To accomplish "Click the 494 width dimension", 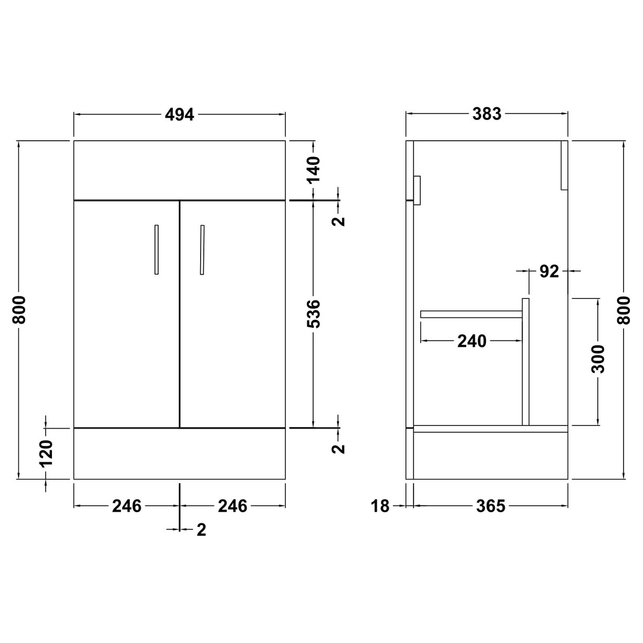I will tap(180, 114).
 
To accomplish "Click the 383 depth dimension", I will tap(487, 114).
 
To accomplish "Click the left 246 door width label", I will tap(127, 506).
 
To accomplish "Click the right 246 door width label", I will tap(232, 506).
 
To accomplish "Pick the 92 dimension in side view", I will tap(549, 272).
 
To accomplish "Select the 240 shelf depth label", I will tap(472, 341).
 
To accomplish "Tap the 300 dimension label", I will tap(598, 359).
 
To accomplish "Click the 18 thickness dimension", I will tap(381, 506).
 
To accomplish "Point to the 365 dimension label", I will tap(490, 506).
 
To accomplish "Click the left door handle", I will tap(156, 250).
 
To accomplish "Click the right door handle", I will tap(202, 250).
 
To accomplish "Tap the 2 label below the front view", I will tap(201, 530).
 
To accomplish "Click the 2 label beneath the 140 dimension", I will tap(340, 220).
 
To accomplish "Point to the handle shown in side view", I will tap(418, 190).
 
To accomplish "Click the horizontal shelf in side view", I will tap(471, 314).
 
